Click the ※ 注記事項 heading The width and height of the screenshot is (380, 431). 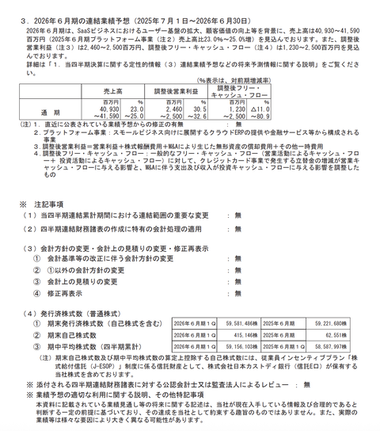point(40,202)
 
